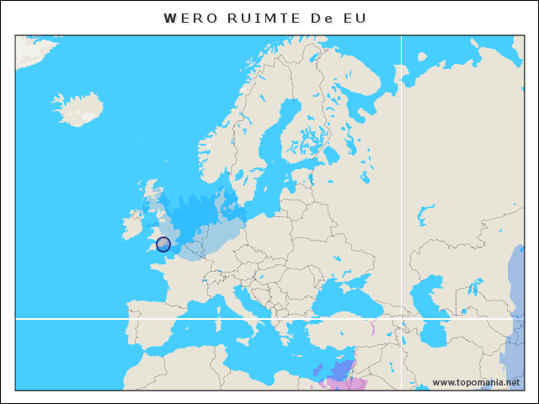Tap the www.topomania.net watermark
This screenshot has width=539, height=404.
tap(476, 382)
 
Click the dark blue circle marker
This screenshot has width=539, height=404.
tap(163, 244)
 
